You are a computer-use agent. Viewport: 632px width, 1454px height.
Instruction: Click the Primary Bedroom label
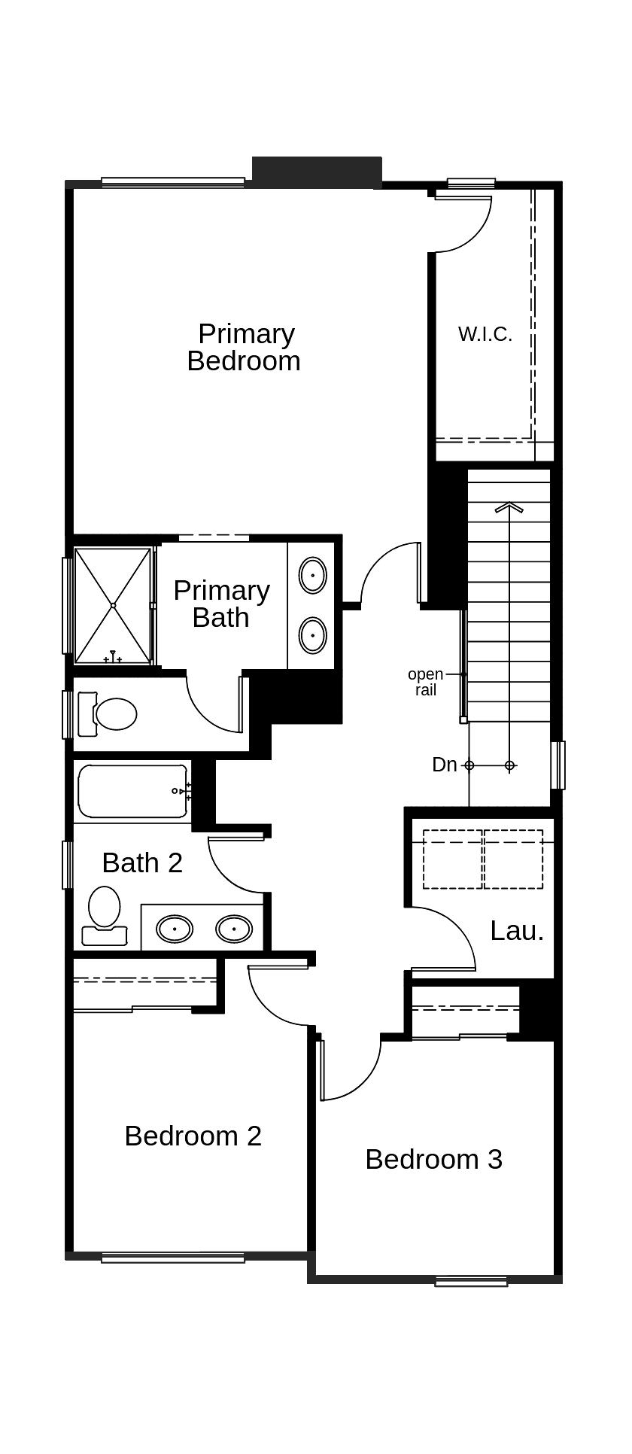[244, 347]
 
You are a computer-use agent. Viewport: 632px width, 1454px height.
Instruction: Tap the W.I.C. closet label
[485, 334]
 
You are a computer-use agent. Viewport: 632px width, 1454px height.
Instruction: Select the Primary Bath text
[221, 604]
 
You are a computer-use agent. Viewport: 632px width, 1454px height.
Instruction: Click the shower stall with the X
[113, 606]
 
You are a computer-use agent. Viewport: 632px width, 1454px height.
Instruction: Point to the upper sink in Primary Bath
[312, 576]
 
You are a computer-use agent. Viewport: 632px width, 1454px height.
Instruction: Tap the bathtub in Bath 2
[133, 791]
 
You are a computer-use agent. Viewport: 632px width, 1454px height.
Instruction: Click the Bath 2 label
[142, 862]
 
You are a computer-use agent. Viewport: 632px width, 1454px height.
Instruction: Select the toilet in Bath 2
[104, 914]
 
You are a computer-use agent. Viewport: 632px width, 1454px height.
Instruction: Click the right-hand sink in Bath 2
[233, 929]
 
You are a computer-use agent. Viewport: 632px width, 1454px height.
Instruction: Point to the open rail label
[425, 682]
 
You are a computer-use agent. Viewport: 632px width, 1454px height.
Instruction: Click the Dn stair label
[444, 765]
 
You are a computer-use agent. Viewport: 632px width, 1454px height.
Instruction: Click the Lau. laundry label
[517, 931]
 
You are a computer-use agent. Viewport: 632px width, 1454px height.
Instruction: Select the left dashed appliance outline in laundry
[452, 859]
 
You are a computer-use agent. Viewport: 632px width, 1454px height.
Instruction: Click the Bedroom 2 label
[193, 1136]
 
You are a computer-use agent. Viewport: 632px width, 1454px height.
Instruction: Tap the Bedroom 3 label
[433, 1159]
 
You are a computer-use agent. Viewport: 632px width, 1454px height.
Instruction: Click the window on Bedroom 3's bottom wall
[471, 1279]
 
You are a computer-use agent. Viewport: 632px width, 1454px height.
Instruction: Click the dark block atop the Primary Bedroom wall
[317, 172]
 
